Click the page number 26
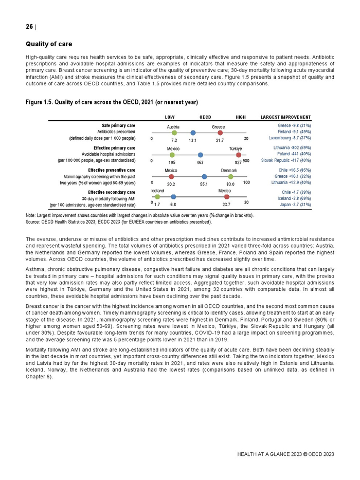pos(29,27)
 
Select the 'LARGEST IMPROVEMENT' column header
pos(286,117)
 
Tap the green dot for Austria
pos(174,133)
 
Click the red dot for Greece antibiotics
pos(220,133)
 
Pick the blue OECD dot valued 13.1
pos(193,133)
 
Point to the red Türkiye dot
pos(239,155)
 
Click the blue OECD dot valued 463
pos(200,155)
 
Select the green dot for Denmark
pos(230,176)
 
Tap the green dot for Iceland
pos(157,197)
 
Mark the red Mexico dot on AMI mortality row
pos(227,197)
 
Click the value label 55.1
pos(204,183)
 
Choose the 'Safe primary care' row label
pos(118,125)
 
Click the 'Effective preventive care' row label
pos(112,170)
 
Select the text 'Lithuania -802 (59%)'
pos(292,147)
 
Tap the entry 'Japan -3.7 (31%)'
pos(296,205)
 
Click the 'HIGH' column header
pos(240,117)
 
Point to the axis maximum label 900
pos(246,161)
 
